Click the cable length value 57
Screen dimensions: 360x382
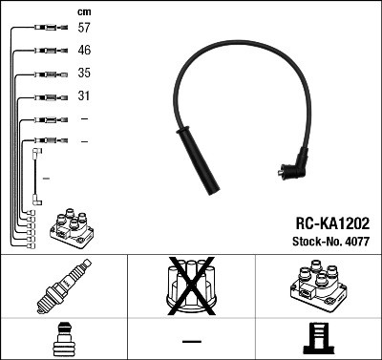click(84, 29)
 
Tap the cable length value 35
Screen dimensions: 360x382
click(84, 74)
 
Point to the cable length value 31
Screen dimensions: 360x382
click(84, 96)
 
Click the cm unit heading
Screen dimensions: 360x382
click(83, 11)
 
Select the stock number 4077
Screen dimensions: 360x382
click(356, 243)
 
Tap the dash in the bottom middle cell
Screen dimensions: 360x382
click(191, 341)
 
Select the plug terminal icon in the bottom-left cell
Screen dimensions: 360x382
click(63, 340)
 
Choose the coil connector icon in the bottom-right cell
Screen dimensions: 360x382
click(318, 340)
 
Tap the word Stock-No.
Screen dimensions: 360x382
click(314, 243)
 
